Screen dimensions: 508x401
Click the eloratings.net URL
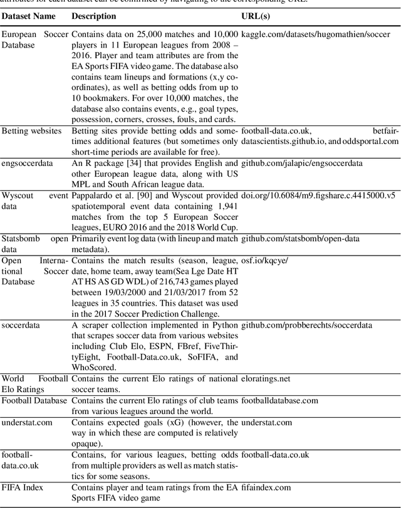pos(266,379)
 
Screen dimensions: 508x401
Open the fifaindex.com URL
pos(266,487)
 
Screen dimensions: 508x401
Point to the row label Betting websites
pos(31,130)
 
